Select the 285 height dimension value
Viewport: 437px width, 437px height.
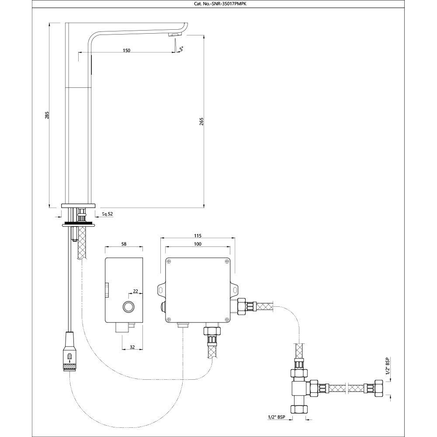[47, 115]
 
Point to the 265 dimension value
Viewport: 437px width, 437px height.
[201, 121]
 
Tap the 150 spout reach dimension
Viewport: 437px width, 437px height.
[126, 50]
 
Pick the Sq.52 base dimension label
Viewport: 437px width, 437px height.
[108, 214]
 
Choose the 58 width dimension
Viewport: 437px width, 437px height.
[124, 245]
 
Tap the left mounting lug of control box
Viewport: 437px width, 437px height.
[160, 290]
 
